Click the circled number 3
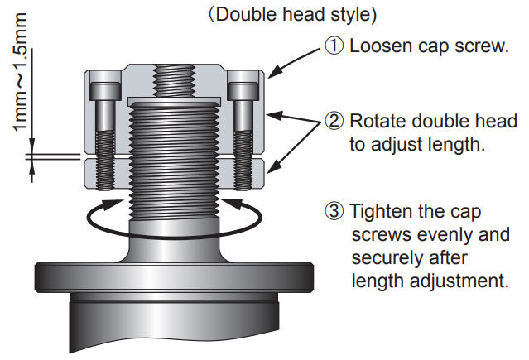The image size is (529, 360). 334,211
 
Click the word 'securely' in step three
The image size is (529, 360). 383,257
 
